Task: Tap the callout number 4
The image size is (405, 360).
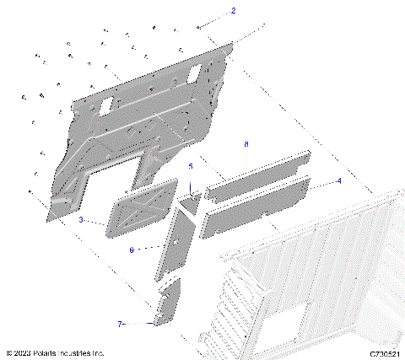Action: coord(338,180)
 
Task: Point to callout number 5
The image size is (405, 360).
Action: coord(191,167)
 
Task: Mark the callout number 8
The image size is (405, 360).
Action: coord(246,145)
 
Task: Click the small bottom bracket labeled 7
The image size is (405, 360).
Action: coord(168,303)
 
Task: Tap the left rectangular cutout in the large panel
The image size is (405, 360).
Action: coord(107,106)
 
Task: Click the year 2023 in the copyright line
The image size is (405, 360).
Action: coord(24,353)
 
